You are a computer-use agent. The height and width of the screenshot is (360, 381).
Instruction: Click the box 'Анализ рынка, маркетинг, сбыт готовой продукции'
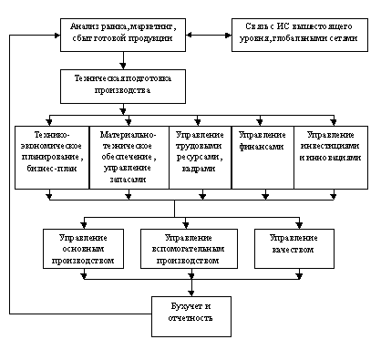coord(123,35)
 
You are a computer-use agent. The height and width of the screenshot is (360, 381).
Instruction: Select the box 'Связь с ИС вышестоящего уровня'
coord(300,35)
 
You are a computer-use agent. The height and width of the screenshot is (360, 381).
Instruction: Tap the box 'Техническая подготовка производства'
coord(123,87)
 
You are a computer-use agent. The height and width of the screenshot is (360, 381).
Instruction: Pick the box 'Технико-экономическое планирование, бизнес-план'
coord(52,158)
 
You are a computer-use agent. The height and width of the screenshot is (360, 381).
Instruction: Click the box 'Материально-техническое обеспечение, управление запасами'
coord(129,158)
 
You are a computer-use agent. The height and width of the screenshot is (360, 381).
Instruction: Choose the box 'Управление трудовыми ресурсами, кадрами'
coord(201,158)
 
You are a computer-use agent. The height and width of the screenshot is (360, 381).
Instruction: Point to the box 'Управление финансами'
coord(263,158)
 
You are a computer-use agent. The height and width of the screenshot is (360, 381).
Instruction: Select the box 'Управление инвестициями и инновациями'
coord(331,158)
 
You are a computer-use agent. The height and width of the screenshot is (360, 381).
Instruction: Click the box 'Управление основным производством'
coord(83,249)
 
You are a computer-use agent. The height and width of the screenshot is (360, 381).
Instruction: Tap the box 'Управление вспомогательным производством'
coord(189,249)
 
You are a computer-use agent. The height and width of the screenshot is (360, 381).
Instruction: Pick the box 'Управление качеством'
coord(294,249)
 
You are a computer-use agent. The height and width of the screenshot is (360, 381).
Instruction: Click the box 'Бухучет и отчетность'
coord(191,316)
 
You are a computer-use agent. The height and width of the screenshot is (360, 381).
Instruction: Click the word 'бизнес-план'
coord(52,169)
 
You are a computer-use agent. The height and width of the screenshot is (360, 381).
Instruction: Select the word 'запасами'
coord(128,180)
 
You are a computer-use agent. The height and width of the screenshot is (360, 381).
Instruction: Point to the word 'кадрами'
coord(199,169)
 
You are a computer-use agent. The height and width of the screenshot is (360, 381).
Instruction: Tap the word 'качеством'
coord(293,250)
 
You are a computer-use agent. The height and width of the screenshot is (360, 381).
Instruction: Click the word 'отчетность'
coord(190,318)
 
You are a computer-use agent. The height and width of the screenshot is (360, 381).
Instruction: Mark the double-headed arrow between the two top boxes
coord(209,35)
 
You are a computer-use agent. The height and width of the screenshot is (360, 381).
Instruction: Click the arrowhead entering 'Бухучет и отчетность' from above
coord(191,293)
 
